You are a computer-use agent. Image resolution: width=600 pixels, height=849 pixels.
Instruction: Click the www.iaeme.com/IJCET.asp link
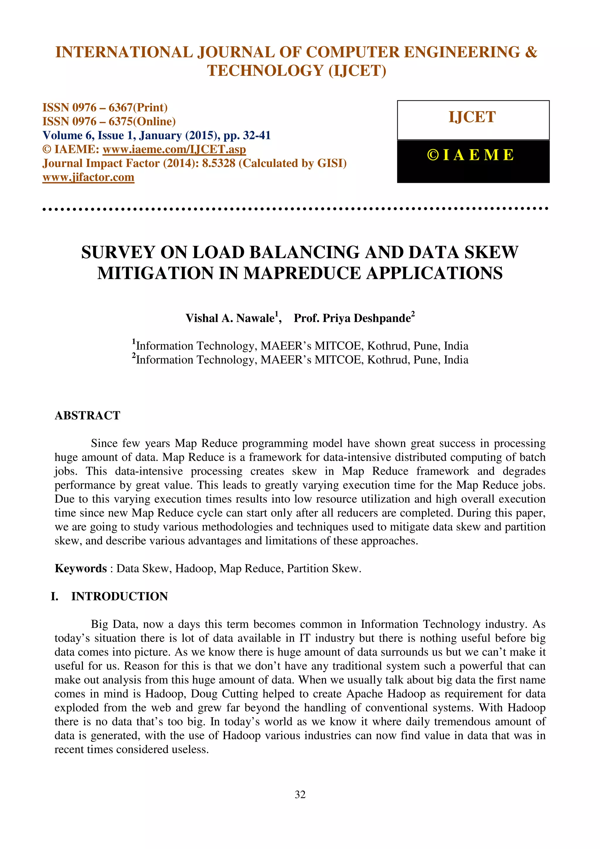pyautogui.click(x=174, y=149)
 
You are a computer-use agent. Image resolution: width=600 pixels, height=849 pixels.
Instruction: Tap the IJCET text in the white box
pyautogui.click(x=472, y=117)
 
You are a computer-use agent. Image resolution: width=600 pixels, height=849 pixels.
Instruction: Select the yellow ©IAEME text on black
pyautogui.click(x=470, y=155)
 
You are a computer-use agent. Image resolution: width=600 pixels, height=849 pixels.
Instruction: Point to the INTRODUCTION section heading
pyautogui.click(x=120, y=596)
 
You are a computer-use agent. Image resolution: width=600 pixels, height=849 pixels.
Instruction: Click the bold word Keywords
pyautogui.click(x=81, y=568)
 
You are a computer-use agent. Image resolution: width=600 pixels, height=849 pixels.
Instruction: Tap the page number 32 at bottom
pyautogui.click(x=300, y=794)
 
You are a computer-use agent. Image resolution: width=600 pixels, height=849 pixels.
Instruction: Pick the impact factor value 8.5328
pyautogui.click(x=219, y=163)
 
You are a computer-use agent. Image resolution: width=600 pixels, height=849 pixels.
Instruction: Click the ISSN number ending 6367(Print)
pyautogui.click(x=105, y=108)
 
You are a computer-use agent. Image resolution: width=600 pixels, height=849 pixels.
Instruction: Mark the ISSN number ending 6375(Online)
pyautogui.click(x=109, y=122)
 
